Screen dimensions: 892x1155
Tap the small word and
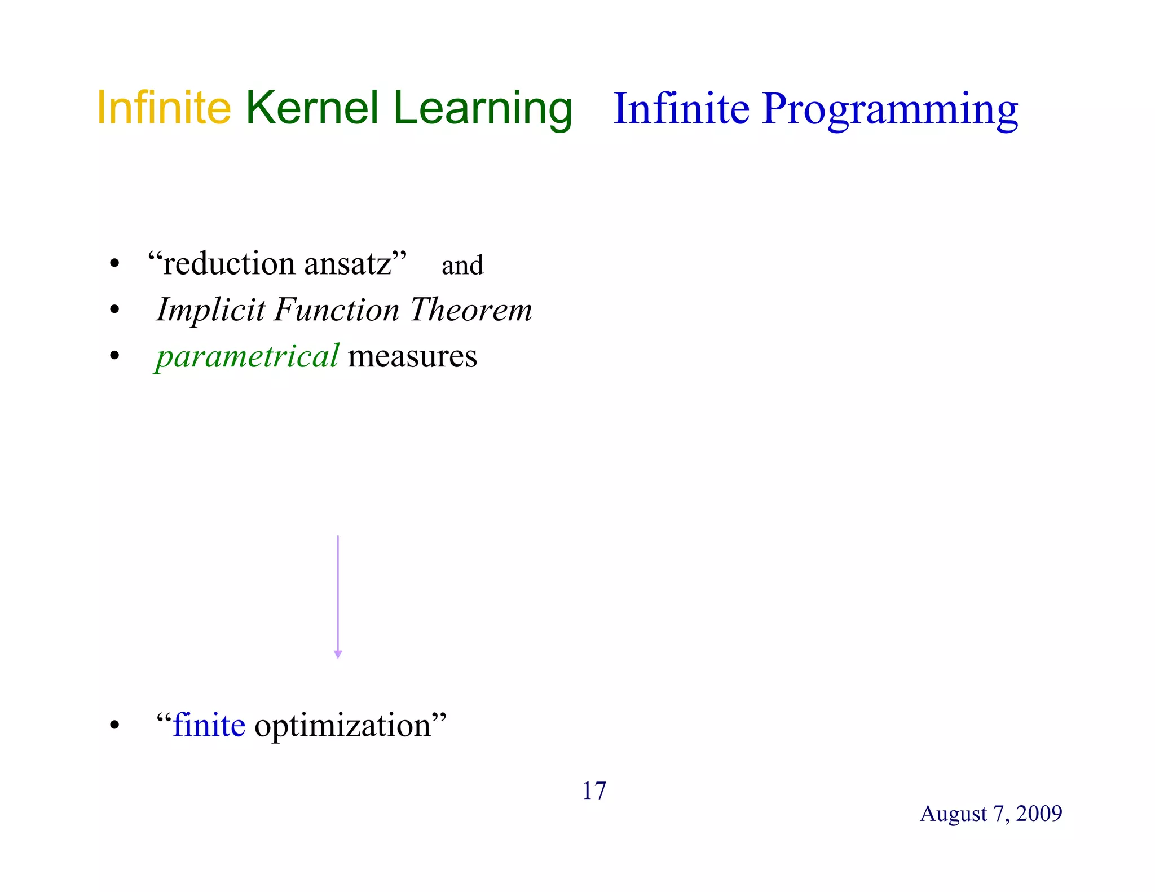coord(462,266)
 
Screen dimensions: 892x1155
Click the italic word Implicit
coord(210,310)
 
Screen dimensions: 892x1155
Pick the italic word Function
coord(337,310)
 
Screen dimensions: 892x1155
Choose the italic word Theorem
coord(471,310)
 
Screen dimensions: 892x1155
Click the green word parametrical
coord(247,356)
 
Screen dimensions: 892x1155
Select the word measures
coord(412,356)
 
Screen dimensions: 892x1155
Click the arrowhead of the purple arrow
coord(338,654)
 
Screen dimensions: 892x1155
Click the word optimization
coord(343,726)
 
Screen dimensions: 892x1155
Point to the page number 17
coord(594,791)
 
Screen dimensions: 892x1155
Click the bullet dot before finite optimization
coord(115,726)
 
